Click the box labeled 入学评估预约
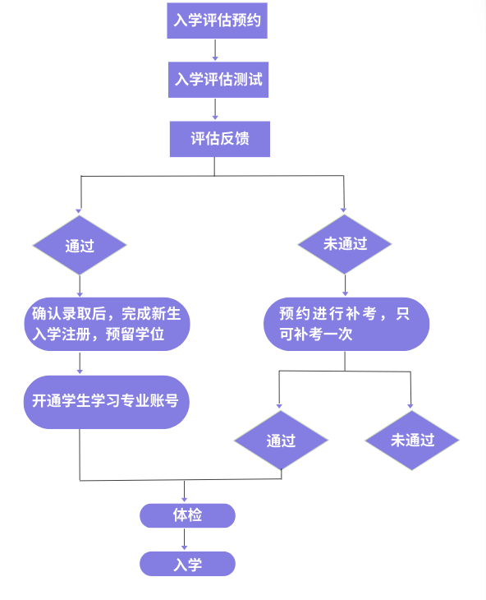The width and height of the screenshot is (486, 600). click(217, 21)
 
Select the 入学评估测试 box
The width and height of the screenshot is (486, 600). click(218, 80)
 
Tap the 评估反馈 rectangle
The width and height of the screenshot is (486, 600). click(220, 139)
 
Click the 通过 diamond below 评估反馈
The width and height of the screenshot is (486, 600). click(80, 245)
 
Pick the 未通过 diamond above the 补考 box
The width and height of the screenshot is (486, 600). click(345, 244)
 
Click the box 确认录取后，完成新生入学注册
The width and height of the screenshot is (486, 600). click(107, 324)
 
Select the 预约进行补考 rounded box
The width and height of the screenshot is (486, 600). click(346, 324)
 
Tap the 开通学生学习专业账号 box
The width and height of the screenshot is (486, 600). click(106, 402)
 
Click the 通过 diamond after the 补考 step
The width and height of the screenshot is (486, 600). click(282, 440)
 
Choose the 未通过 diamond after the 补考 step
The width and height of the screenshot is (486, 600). click(412, 440)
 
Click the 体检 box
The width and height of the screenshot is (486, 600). click(187, 515)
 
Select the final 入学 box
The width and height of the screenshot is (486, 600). click(187, 564)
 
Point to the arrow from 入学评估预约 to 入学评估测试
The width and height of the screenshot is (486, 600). click(215, 50)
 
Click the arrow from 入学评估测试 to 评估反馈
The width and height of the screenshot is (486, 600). click(215, 108)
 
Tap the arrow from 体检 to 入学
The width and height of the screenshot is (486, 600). click(184, 539)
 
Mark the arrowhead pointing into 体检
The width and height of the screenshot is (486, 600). click(184, 500)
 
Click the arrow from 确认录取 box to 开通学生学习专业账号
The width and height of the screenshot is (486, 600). click(80, 362)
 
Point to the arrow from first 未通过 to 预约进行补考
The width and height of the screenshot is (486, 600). click(345, 285)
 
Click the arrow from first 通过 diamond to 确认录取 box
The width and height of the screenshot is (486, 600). click(80, 286)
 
